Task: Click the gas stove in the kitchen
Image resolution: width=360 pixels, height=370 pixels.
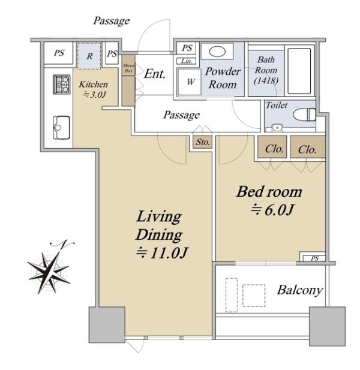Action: [62, 84]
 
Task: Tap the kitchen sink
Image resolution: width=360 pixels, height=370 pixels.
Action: [61, 128]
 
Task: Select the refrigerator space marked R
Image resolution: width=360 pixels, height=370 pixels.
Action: [89, 56]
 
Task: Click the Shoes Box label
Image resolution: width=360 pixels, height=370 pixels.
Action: [128, 68]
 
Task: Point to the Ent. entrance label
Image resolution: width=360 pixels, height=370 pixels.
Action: [155, 74]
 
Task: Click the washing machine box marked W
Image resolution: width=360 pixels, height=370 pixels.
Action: [189, 82]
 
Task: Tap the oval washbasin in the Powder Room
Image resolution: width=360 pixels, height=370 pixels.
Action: [217, 52]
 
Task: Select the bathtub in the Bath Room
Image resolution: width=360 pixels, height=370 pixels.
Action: [299, 71]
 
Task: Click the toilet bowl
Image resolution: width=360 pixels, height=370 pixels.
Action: [304, 115]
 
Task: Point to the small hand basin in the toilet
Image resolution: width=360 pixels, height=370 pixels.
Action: [277, 128]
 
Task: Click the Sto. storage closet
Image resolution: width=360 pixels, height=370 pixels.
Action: [203, 142]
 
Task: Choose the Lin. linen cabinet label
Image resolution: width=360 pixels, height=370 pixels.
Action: [187, 61]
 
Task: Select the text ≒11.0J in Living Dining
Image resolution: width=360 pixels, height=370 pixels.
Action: [163, 252]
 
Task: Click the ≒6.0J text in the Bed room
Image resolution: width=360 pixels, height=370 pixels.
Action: [272, 210]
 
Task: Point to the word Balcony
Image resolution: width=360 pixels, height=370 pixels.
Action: [300, 290]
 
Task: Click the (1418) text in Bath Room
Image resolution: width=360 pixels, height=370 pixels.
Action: [266, 81]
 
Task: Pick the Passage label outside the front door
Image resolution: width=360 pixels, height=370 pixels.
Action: [112, 21]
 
